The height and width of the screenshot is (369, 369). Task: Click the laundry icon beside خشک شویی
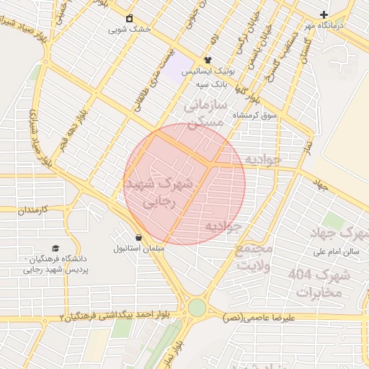point(129,18)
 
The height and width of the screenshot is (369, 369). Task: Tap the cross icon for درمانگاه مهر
point(324,14)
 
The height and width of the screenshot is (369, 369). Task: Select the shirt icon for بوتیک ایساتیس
point(208,61)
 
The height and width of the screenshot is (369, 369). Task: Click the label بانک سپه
point(211,84)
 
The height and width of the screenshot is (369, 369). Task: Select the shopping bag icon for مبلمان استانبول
point(138,237)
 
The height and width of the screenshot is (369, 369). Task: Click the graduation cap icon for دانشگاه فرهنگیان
point(55,247)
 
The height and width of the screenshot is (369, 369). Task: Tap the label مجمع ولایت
point(255,255)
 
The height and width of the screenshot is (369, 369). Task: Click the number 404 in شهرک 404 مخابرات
point(303,275)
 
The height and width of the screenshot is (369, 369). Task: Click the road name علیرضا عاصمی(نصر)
point(259,318)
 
